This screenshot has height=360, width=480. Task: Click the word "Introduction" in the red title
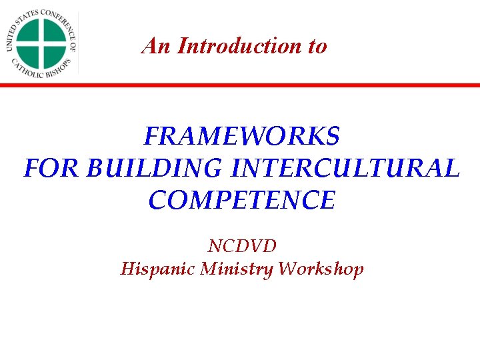232,46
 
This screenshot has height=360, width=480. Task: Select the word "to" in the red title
317,47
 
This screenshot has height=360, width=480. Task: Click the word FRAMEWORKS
241,137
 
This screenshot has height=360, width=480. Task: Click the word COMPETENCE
241,199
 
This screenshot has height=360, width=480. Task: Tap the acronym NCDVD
242,246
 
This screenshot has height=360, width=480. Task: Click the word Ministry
239,269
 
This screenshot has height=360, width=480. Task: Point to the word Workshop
321,269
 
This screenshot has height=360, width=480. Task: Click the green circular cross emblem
41,42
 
